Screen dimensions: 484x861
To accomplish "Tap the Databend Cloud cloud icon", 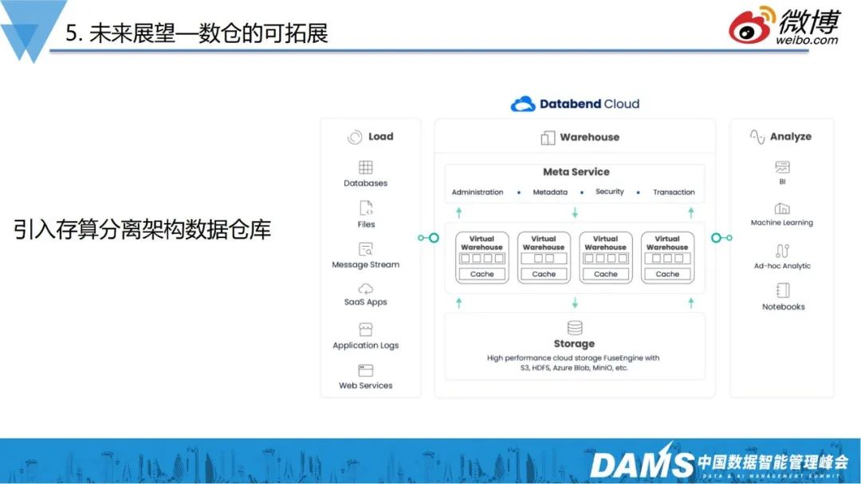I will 523,104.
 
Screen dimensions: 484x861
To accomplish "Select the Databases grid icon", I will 366,167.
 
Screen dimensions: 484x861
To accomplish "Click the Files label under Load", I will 366,224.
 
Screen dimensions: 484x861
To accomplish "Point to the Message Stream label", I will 366,264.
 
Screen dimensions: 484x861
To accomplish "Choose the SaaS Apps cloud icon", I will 366,288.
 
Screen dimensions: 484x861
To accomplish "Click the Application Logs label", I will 366,345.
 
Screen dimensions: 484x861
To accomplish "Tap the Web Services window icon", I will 366,370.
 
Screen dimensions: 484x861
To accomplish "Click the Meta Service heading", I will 576,172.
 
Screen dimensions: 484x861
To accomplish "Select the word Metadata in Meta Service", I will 550,192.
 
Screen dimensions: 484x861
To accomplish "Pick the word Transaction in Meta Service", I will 674,192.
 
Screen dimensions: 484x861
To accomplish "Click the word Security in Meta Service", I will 610,192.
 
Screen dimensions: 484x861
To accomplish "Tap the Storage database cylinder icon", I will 575,328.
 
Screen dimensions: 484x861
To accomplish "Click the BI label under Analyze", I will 782,181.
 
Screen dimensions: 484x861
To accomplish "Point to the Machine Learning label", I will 782,223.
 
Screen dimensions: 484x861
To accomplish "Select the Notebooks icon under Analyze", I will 782,291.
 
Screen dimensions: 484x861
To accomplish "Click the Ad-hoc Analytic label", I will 782,266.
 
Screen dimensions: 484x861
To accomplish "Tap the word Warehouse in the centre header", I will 589,137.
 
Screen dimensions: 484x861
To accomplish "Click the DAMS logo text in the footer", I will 641,464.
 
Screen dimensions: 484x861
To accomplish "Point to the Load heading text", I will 380,136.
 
